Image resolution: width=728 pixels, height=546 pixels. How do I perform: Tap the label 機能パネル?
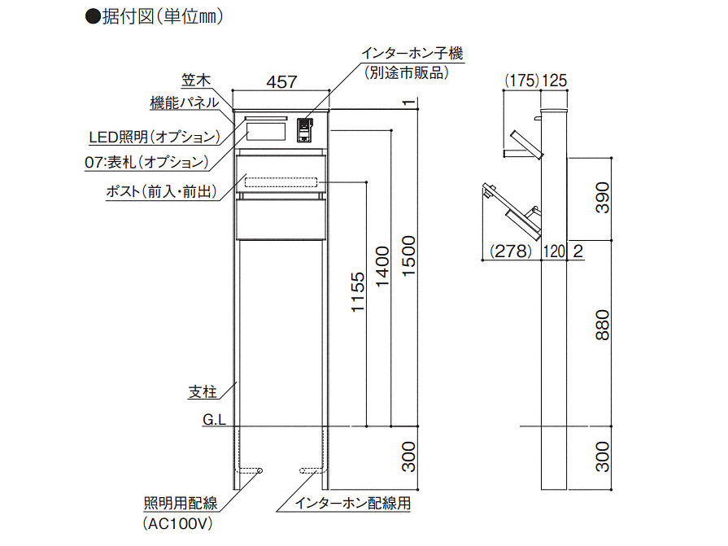(184, 103)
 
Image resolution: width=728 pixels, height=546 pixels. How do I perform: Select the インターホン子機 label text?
(412, 55)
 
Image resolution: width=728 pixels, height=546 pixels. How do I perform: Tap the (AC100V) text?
(177, 523)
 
